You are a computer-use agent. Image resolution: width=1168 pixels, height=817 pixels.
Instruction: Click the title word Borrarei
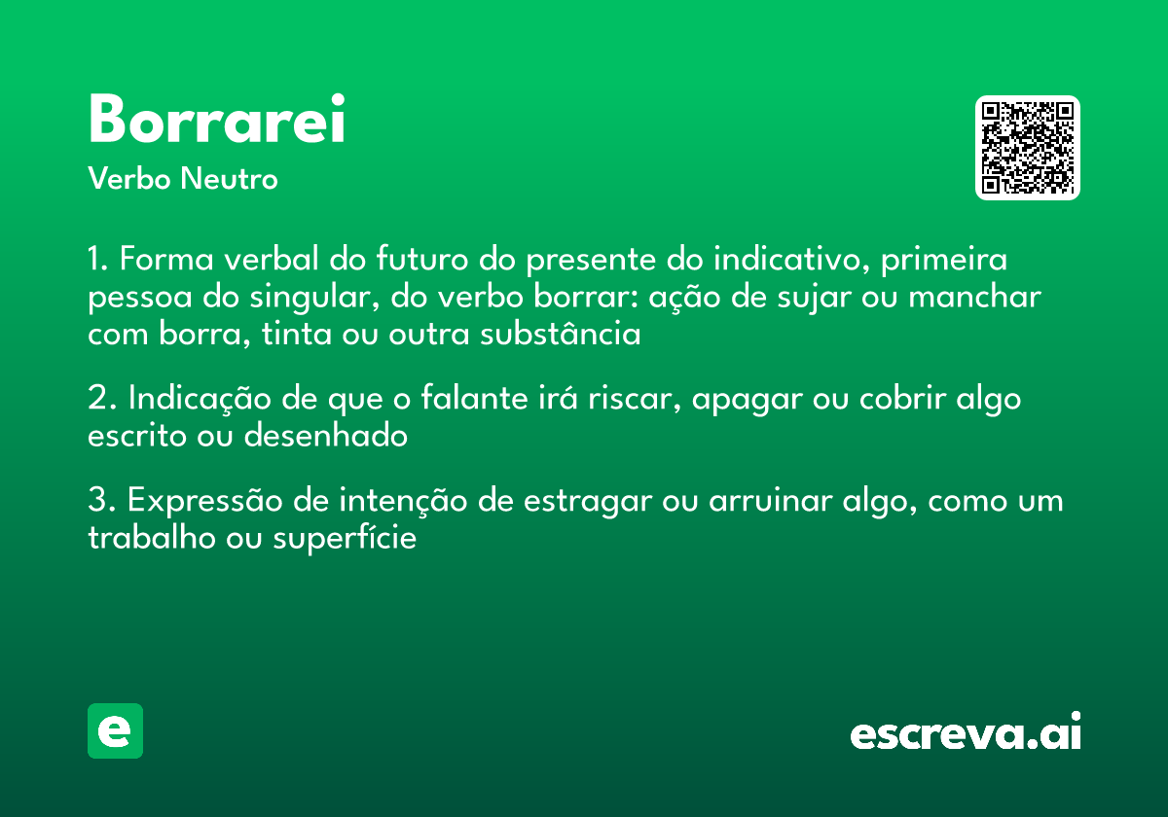pyautogui.click(x=216, y=121)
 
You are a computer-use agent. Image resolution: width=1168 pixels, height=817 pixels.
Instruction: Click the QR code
pyautogui.click(x=1028, y=148)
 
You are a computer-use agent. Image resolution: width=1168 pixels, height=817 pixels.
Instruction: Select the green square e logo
pyautogui.click(x=115, y=730)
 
